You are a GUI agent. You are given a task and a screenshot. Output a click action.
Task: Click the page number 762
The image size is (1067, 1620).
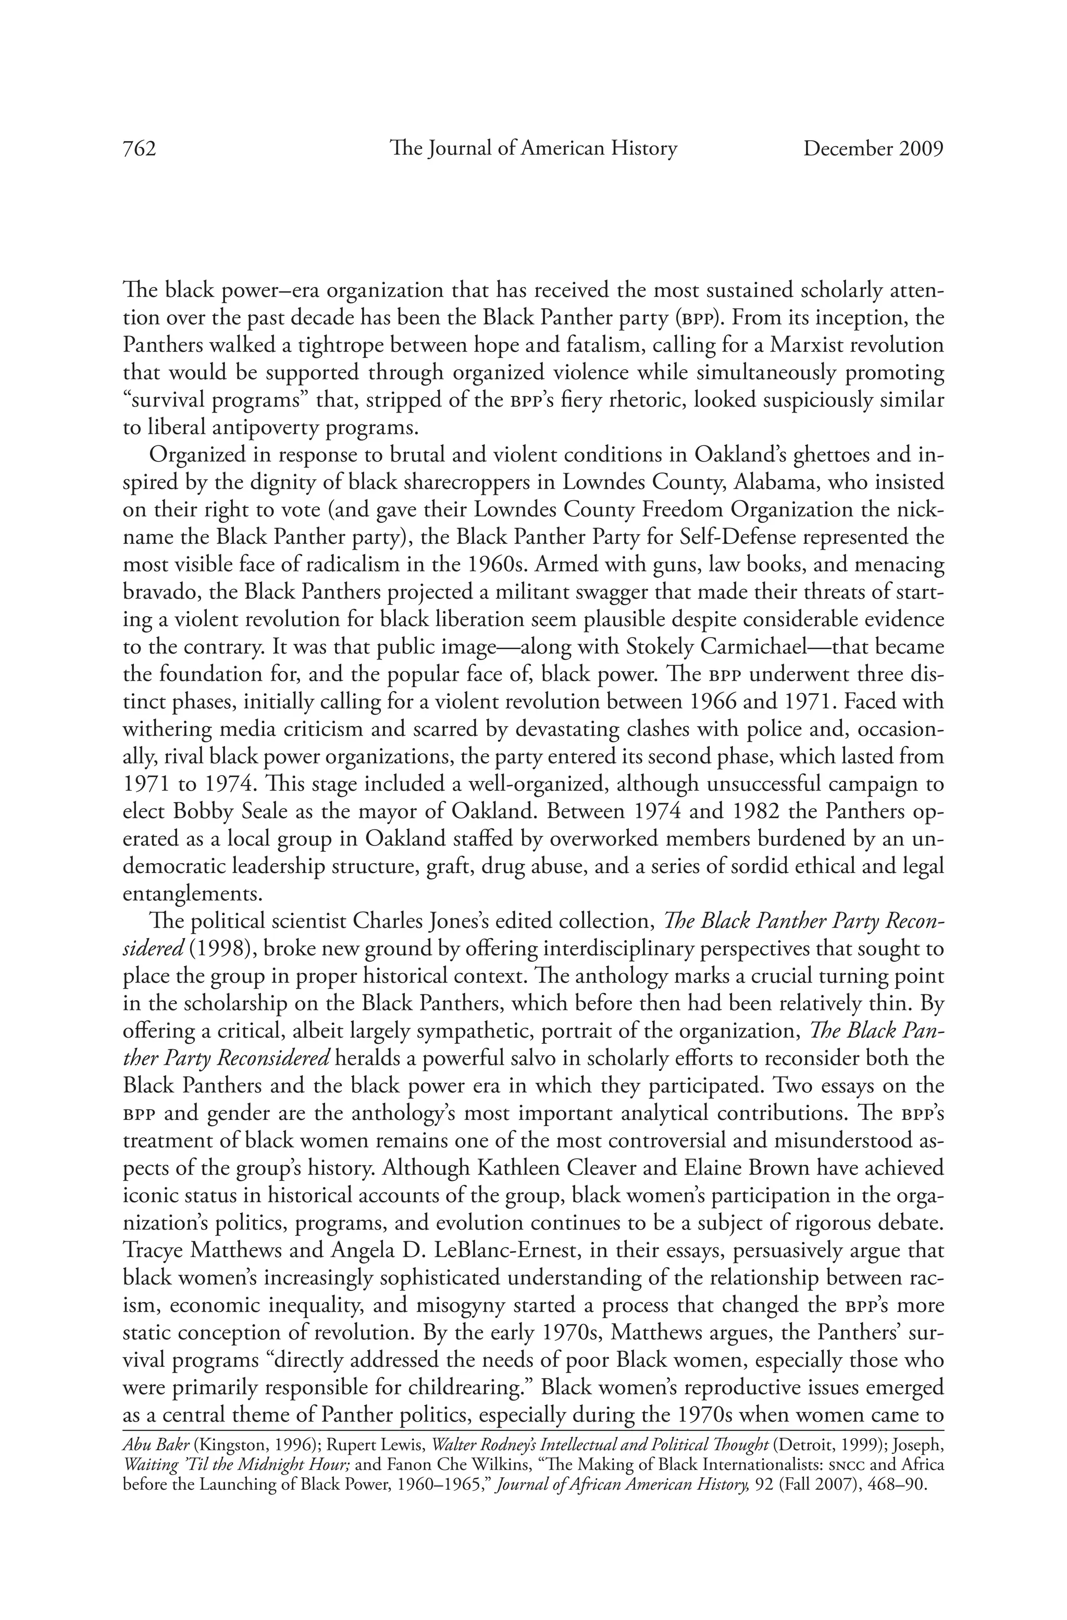coord(140,148)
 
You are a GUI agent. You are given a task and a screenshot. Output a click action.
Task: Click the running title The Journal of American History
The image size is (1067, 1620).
coord(533,148)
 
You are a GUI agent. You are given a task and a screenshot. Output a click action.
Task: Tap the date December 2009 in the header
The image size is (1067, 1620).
coord(873,148)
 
